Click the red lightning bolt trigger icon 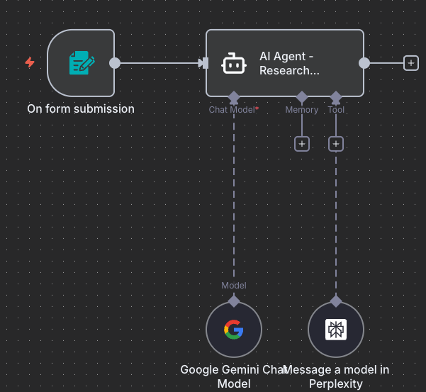coord(30,62)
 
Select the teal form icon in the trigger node coord(82,62)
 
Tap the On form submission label coord(81,108)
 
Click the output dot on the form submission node coord(115,62)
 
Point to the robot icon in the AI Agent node coord(234,63)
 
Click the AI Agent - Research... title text coord(289,63)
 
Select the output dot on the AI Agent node coord(364,62)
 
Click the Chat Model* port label coord(233,110)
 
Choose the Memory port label coord(302,110)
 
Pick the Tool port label coord(336,110)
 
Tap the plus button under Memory coord(302,144)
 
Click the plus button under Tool coord(336,144)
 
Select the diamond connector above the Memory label coord(302,96)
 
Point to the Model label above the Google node coord(234,286)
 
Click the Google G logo coord(234,330)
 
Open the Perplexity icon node coord(336,330)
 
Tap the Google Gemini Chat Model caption coord(234,376)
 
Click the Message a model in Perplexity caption coord(336,376)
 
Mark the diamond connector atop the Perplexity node coord(336,301)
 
